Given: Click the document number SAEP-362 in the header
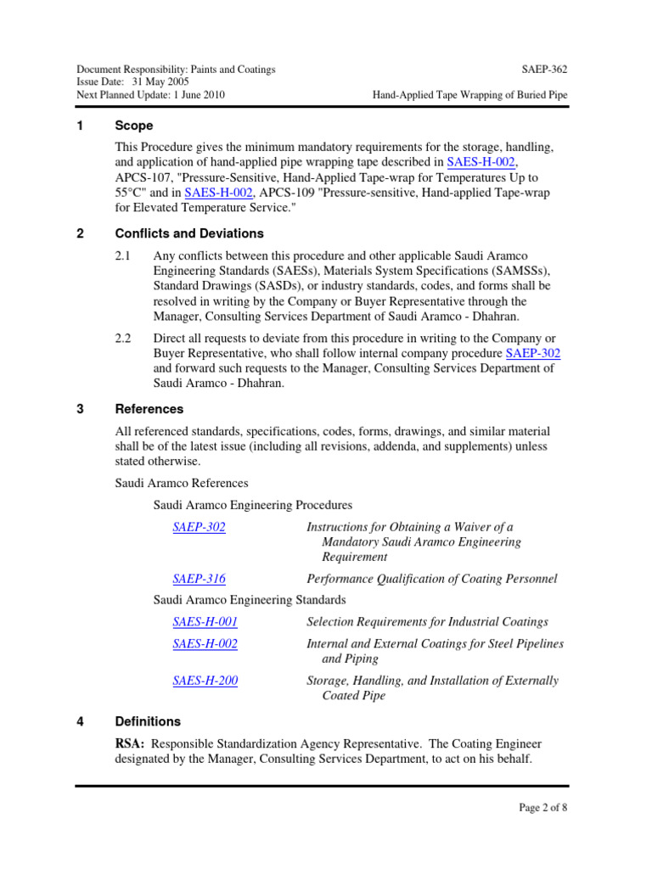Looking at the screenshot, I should pos(543,69).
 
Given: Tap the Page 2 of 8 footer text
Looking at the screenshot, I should pos(542,807).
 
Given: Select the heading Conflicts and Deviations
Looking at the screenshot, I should pos(189,233).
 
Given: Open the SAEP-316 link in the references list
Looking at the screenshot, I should pos(199,579).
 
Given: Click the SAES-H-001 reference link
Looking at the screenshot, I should pos(205,622).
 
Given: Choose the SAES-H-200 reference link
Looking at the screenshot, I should pos(205,681).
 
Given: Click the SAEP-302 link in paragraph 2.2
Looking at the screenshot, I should pos(533,353).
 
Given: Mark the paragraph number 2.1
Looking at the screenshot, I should pos(123,255).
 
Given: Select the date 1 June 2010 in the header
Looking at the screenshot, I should pos(199,95).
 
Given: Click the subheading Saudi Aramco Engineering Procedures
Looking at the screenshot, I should pos(252,505).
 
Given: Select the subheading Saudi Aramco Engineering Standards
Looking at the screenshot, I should pos(250,600).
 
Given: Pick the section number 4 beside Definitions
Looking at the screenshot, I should pos(80,721).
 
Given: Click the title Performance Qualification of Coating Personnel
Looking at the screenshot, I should pos(431,579).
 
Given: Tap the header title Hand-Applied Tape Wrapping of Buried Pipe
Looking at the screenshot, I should pos(469,95).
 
